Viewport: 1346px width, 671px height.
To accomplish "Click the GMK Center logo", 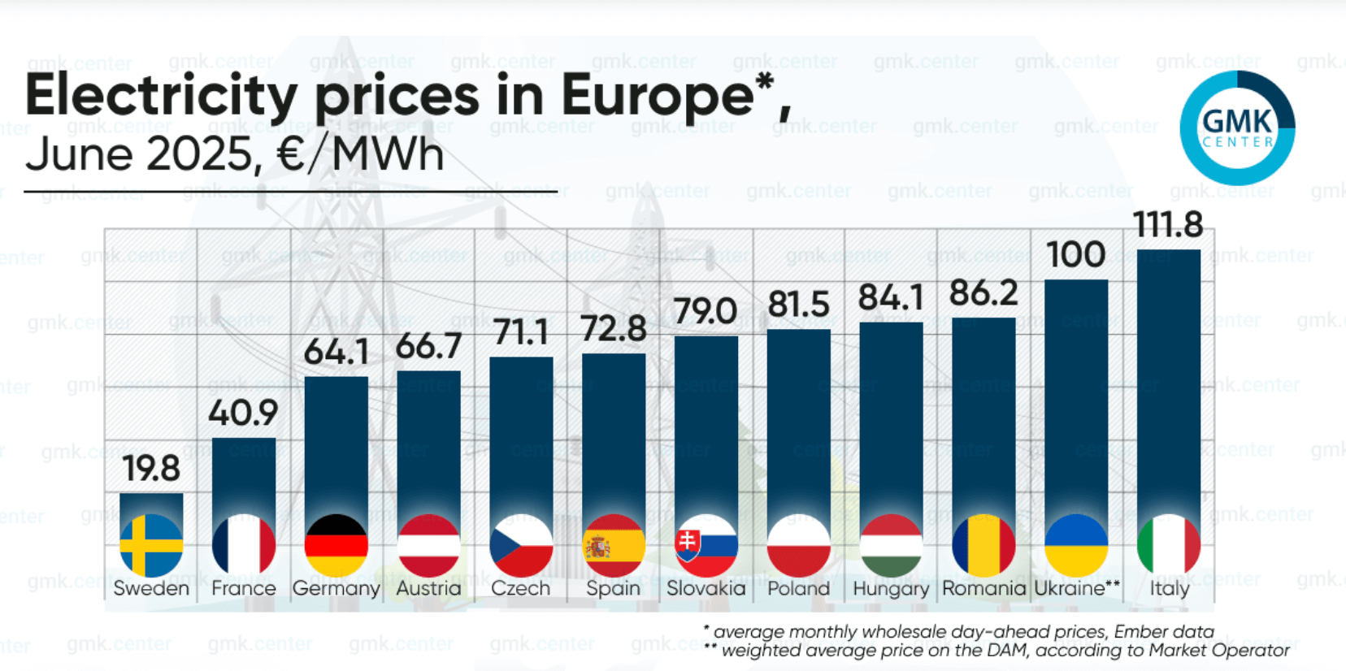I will click(1237, 128).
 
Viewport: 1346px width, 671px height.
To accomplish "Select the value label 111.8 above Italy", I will click(1168, 224).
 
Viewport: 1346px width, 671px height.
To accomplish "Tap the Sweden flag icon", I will click(151, 545).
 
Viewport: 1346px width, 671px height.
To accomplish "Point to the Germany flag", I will click(336, 545).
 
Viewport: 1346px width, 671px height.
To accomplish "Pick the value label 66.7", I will click(428, 347).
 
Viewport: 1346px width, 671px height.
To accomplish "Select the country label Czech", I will click(521, 588).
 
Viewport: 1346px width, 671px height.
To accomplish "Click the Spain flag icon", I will click(614, 545).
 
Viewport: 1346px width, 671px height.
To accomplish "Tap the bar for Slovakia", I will click(706, 422).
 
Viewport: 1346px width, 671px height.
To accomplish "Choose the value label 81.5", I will click(798, 305).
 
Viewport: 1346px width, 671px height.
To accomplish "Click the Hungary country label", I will click(891, 588).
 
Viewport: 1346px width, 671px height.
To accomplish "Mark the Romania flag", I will click(983, 545).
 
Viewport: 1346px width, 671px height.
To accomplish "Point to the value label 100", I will click(1075, 255).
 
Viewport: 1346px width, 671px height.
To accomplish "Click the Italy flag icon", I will click(1169, 545).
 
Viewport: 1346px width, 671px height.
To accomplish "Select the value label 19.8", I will click(151, 469).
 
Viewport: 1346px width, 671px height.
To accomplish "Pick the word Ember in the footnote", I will click(1137, 632).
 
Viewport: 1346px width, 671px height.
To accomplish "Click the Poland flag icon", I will click(798, 545).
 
